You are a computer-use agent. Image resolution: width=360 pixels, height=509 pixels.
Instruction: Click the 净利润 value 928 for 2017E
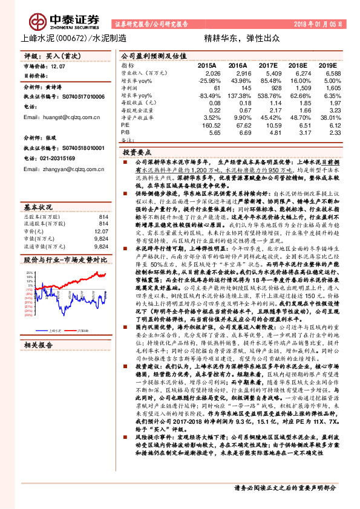tap(270, 88)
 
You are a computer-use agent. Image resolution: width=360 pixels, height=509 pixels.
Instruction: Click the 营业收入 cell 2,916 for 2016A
tap(238, 73)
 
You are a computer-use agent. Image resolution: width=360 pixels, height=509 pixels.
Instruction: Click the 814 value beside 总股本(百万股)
tap(103, 216)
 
